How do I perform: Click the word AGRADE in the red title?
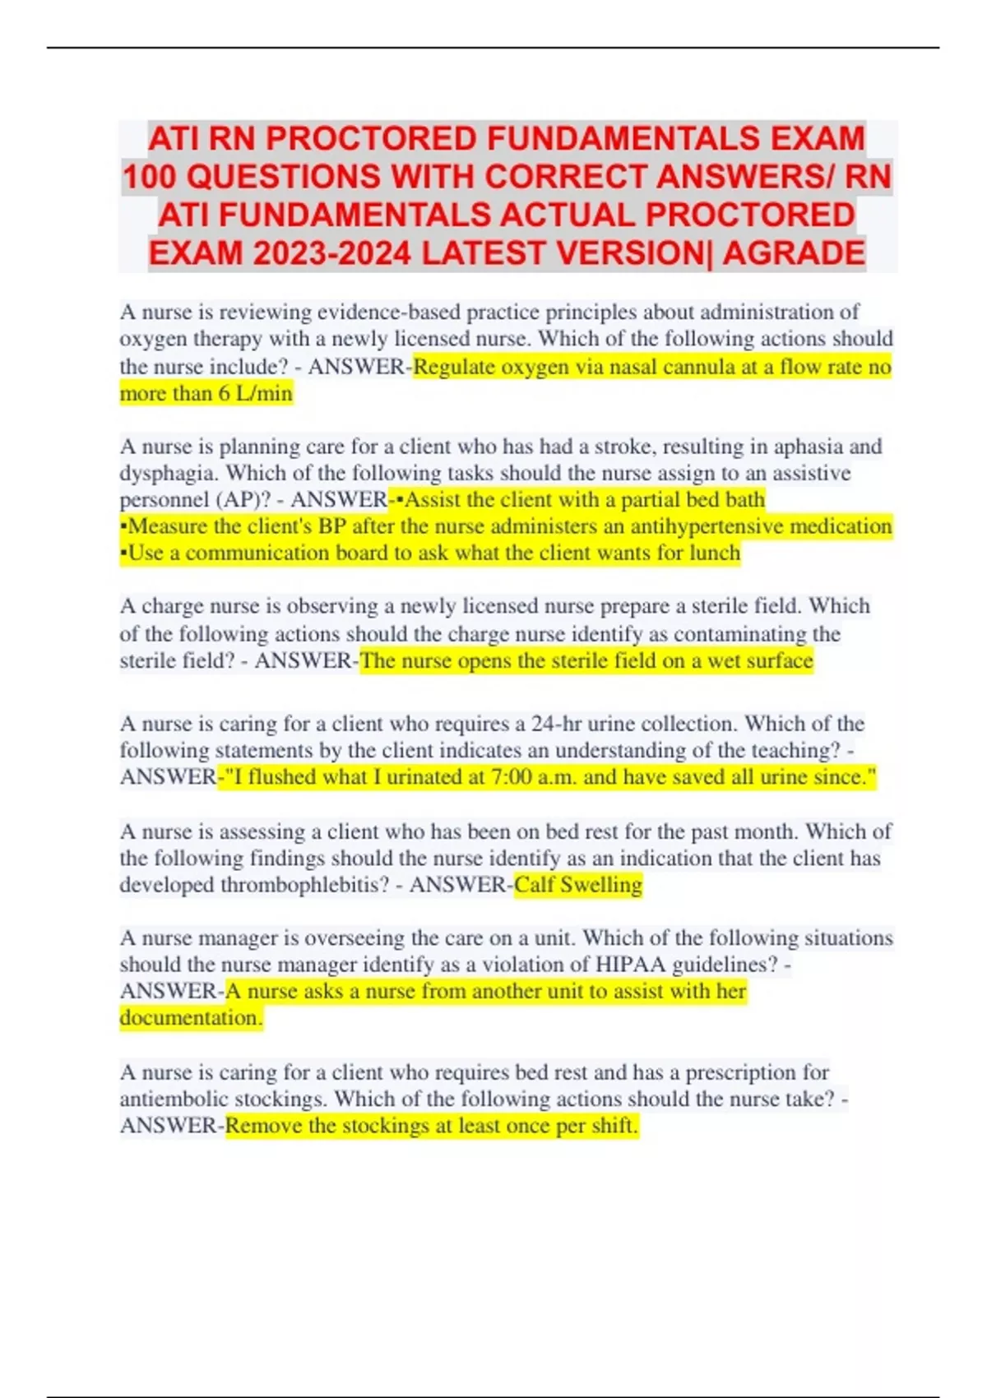point(794,252)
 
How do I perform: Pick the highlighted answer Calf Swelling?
point(578,885)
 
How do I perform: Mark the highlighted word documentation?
point(191,1018)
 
